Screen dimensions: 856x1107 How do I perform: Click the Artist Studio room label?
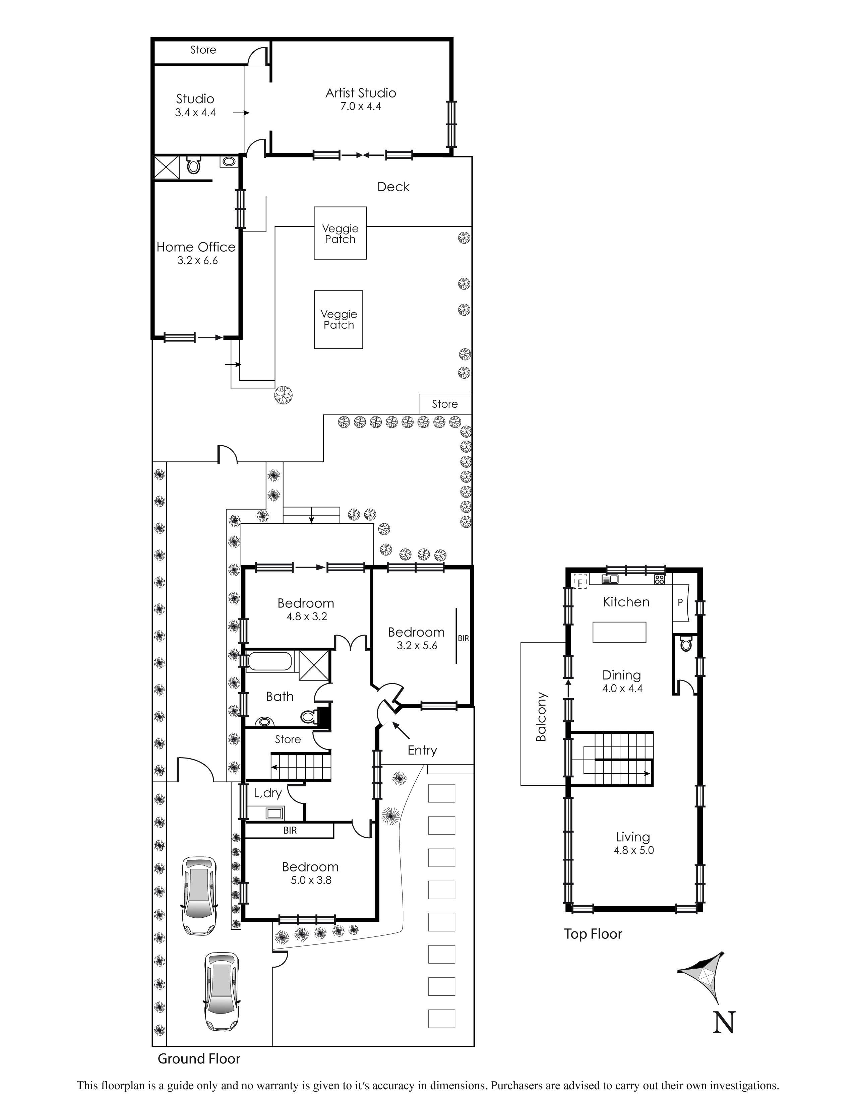[361, 93]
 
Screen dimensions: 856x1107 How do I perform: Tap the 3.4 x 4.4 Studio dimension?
[195, 113]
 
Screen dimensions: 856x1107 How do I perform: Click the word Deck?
[393, 187]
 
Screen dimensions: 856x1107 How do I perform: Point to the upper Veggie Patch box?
[340, 233]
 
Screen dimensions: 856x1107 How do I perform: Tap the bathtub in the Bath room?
[269, 661]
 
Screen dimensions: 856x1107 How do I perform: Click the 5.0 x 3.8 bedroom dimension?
[311, 881]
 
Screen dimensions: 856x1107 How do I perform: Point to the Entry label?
[422, 750]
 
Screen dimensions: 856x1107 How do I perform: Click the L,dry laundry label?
[267, 793]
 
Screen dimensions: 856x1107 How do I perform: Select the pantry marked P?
[680, 603]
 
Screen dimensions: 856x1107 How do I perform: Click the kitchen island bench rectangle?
[619, 633]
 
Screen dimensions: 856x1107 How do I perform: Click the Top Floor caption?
[593, 934]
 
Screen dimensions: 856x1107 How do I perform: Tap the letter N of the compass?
[724, 1022]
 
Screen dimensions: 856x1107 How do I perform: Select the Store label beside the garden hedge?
[445, 404]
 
